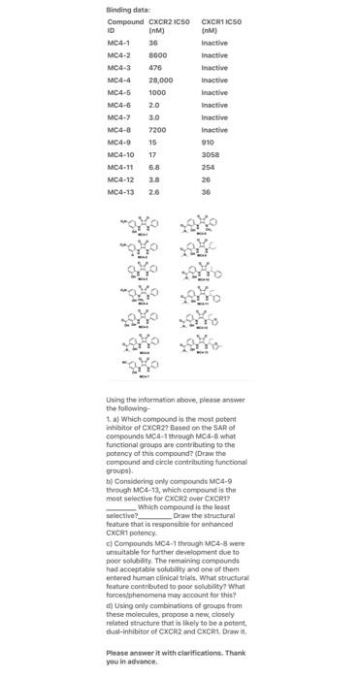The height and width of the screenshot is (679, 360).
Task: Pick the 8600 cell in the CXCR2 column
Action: [157, 56]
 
